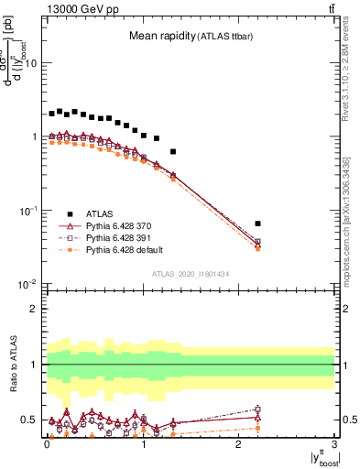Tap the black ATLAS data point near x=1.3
(x=173, y=151)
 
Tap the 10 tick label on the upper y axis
(x=31, y=63)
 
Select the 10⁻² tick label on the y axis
(x=27, y=284)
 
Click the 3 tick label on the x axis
(x=335, y=444)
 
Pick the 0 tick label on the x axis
(x=47, y=444)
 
